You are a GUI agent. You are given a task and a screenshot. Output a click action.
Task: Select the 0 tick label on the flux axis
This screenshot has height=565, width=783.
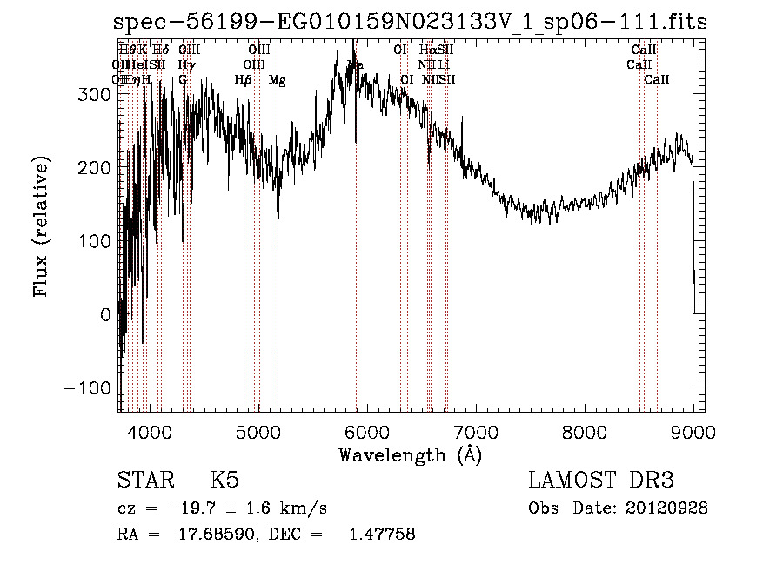(106, 314)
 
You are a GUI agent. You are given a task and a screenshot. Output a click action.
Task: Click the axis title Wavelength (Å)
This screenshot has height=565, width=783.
(409, 454)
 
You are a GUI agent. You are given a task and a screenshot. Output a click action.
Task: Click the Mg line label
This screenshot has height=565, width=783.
(277, 80)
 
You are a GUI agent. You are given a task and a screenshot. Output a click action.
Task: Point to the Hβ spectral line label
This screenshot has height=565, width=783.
(244, 80)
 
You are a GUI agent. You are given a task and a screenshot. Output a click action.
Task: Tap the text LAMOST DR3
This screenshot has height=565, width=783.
(600, 481)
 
